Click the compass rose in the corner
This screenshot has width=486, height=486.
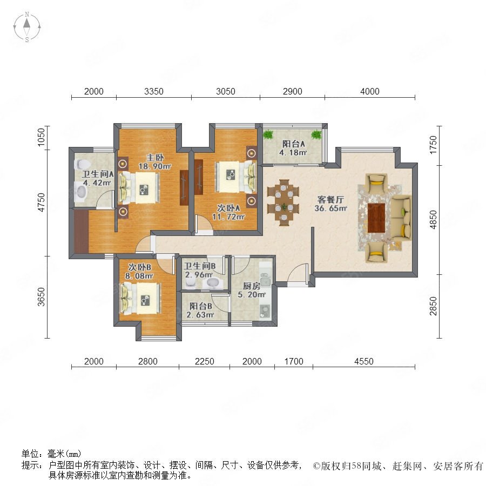pyautogui.click(x=27, y=27)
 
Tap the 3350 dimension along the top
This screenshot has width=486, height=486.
pyautogui.click(x=154, y=91)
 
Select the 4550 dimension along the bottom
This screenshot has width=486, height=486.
pyautogui.click(x=363, y=361)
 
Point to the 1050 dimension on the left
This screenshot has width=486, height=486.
pyautogui.click(x=41, y=137)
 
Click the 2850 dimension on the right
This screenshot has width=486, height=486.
pyautogui.click(x=433, y=306)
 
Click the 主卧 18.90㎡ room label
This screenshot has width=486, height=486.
pyautogui.click(x=154, y=162)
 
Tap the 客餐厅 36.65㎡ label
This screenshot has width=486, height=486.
pyautogui.click(x=330, y=204)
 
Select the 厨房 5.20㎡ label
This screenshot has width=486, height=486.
pyautogui.click(x=251, y=290)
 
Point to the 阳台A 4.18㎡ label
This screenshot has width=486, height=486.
pyautogui.click(x=293, y=148)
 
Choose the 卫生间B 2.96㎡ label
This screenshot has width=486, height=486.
pyautogui.click(x=200, y=271)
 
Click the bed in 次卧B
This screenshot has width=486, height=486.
pyautogui.click(x=141, y=299)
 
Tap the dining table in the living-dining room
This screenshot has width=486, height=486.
pyautogui.click(x=283, y=202)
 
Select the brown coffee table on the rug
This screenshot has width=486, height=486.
pyautogui.click(x=376, y=218)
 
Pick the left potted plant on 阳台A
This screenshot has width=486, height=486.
pyautogui.click(x=268, y=134)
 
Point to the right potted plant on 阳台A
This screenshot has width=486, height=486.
pyautogui.click(x=316, y=134)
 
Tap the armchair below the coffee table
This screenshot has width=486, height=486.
pyautogui.click(x=376, y=252)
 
